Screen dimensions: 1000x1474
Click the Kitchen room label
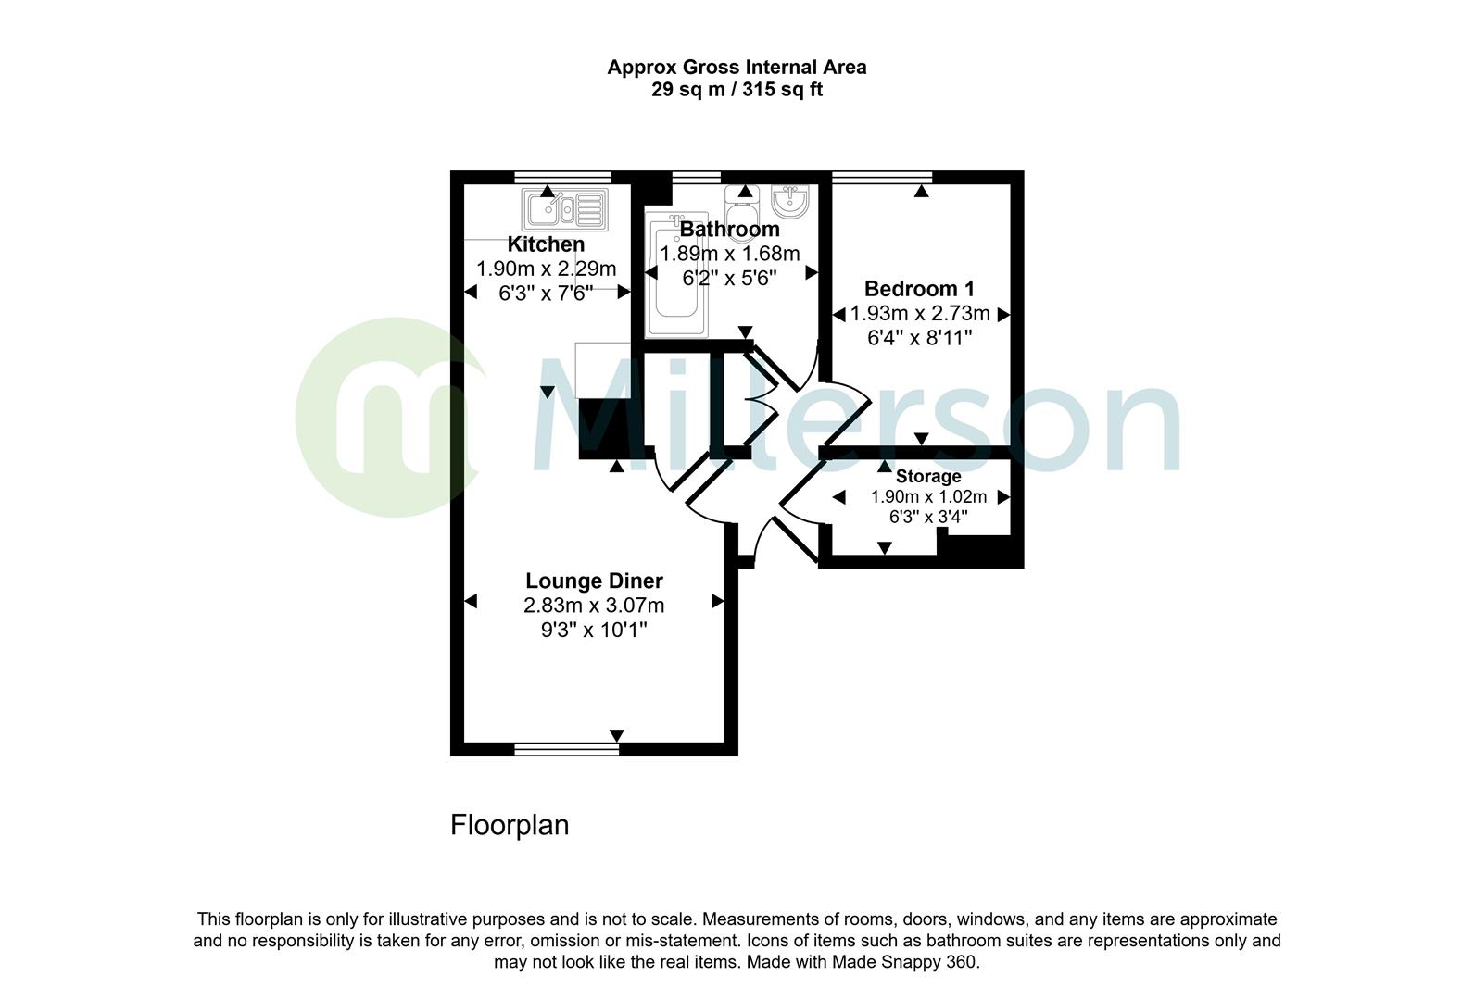click(546, 244)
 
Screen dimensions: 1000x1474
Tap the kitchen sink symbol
click(564, 209)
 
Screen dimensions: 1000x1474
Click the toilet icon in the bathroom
click(742, 206)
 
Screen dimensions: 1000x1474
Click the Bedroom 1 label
click(919, 289)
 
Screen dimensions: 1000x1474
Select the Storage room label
click(927, 476)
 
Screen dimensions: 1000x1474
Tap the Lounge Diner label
click(594, 581)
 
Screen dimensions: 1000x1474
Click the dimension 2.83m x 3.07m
click(594, 606)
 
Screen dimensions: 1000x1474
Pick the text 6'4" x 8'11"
click(919, 338)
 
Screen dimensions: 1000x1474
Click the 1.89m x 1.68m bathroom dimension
click(729, 254)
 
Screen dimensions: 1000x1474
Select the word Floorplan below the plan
click(509, 825)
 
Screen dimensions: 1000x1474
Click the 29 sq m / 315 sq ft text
click(737, 90)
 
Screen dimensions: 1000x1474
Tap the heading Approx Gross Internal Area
click(737, 67)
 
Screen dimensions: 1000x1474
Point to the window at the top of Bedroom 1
click(882, 176)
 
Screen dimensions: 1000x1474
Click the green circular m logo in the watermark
click(384, 417)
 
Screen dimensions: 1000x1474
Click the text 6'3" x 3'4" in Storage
click(927, 517)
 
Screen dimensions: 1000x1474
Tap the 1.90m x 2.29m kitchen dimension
click(546, 269)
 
